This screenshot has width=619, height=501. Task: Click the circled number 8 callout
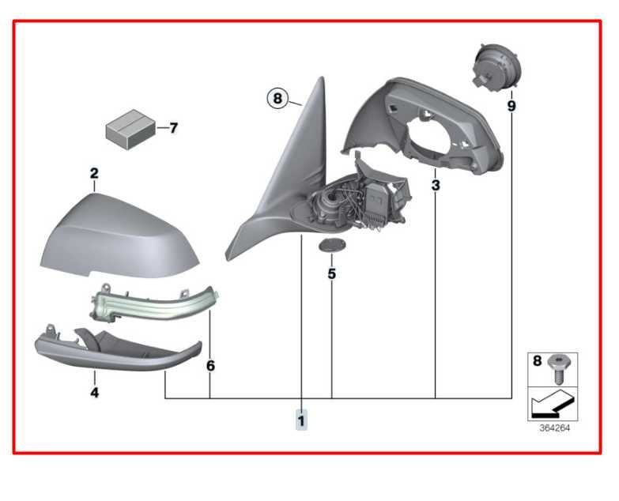(277, 99)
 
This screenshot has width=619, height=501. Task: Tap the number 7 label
(173, 127)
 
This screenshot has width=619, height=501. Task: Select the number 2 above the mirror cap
(94, 173)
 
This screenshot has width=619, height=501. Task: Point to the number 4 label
(94, 391)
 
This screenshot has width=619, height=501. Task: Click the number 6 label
(210, 367)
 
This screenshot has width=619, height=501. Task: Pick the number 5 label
(332, 274)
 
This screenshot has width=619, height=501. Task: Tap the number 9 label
(511, 105)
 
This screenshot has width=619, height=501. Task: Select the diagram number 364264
(554, 429)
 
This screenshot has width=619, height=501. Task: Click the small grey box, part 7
(129, 127)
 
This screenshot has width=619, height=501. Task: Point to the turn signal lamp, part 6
(150, 304)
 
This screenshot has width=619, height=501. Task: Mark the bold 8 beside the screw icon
(538, 361)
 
